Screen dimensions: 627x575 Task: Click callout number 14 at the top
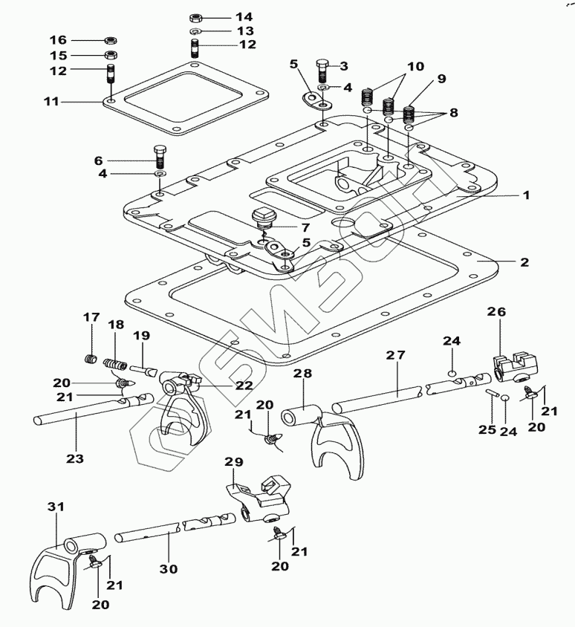(x=224, y=16)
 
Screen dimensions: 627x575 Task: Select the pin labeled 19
(x=143, y=368)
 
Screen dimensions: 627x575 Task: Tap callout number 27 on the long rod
(x=395, y=356)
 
